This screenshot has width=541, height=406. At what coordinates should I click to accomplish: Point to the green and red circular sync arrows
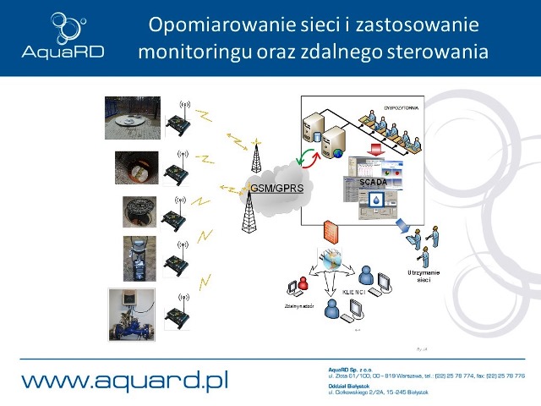pyautogui.click(x=306, y=158)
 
